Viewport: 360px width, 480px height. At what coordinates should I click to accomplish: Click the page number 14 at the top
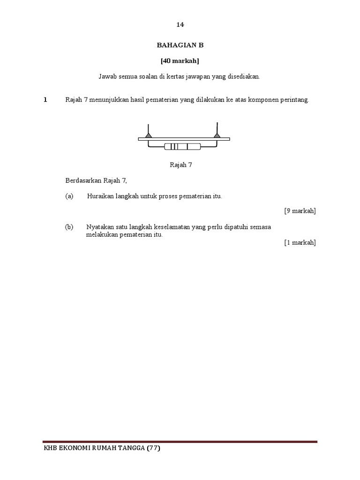[x=180, y=24]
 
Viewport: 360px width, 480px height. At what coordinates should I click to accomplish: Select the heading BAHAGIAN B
[x=180, y=45]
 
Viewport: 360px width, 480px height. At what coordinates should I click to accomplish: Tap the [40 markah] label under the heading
[x=180, y=60]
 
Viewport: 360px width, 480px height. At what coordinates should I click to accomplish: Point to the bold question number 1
[x=45, y=100]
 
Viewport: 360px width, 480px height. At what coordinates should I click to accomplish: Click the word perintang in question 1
[x=295, y=100]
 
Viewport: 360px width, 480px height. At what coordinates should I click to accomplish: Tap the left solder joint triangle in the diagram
[x=148, y=135]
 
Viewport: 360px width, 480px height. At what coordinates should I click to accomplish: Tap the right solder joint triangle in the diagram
[x=217, y=135]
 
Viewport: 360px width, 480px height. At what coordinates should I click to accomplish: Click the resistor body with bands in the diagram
[x=182, y=147]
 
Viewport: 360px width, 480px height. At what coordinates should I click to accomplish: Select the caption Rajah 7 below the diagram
[x=180, y=165]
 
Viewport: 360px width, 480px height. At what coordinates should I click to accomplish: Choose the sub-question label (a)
[x=69, y=196]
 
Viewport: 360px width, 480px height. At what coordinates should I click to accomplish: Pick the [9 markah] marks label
[x=300, y=211]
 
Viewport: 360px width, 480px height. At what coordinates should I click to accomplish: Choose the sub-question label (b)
[x=69, y=227]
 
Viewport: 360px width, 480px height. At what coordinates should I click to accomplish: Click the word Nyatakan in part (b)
[x=99, y=227]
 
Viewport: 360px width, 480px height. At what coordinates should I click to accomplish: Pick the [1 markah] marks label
[x=300, y=242]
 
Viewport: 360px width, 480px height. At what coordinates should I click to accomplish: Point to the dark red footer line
[x=180, y=442]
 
